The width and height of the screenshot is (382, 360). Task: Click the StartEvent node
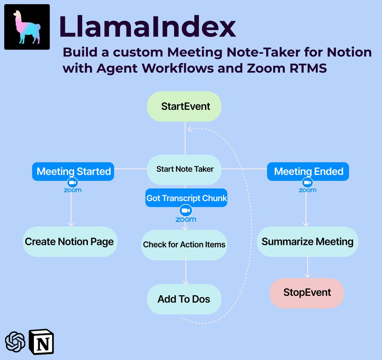184,106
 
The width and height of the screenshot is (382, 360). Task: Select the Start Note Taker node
184,170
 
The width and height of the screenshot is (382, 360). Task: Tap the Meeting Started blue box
73,171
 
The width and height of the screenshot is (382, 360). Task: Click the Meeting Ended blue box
308,171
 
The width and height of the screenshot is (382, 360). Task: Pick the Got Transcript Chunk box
186,198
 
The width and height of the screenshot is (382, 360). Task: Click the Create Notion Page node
70,242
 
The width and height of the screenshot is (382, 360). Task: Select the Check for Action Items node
184,245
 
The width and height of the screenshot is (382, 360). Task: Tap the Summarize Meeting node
308,242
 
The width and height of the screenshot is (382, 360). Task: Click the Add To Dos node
184,299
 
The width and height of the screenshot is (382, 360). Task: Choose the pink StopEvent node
307,293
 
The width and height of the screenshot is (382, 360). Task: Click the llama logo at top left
27,27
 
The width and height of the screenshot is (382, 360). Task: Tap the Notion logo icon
41,342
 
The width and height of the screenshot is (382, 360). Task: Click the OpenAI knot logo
15,342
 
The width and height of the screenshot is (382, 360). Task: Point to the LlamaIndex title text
147,26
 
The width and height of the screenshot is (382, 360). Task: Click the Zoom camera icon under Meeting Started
73,182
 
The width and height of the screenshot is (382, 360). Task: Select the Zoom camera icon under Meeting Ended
308,182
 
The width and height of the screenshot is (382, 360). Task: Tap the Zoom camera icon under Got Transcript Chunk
186,211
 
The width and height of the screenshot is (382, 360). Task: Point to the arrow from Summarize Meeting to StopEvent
308,267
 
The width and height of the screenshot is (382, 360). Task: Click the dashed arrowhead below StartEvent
190,129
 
